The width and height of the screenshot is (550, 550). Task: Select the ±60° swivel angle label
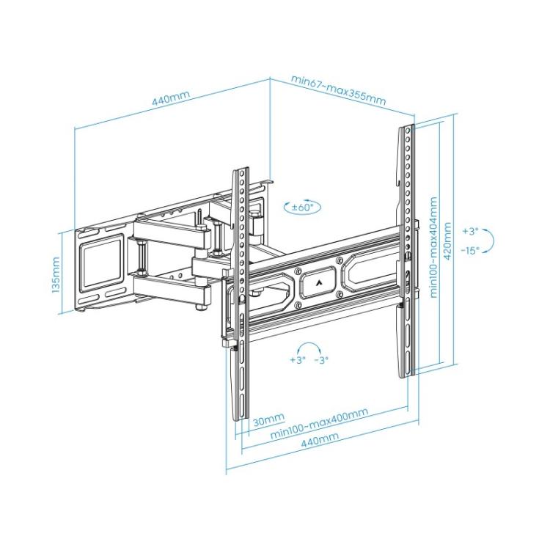301,208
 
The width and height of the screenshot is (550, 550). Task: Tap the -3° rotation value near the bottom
321,360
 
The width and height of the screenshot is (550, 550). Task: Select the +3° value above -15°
470,231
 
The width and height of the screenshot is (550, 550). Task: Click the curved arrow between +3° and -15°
493,240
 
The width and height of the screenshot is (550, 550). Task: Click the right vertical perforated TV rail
406,249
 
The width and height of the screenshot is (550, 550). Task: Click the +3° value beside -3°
297,360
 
